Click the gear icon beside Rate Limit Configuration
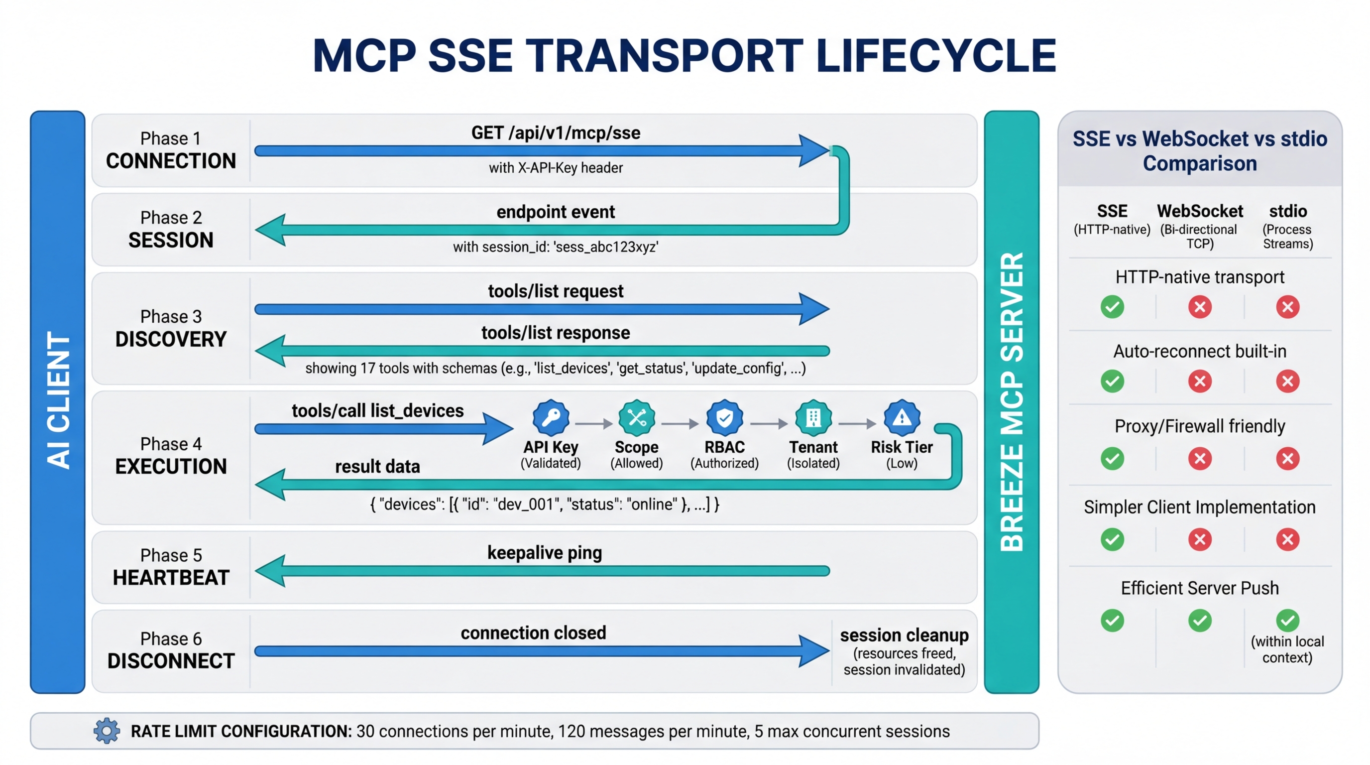107,731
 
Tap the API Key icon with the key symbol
551,417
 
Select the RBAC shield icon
724,417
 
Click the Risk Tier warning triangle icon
902,417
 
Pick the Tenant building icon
813,417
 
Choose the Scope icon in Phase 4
637,417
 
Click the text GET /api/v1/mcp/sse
555,132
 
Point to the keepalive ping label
545,553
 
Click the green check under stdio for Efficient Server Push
1287,620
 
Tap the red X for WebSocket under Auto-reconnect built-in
1200,381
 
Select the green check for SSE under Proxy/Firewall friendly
1112,459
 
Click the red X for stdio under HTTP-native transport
1287,306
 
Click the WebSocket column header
1200,211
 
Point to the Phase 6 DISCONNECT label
171,650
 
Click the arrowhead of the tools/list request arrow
814,309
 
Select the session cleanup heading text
904,635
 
